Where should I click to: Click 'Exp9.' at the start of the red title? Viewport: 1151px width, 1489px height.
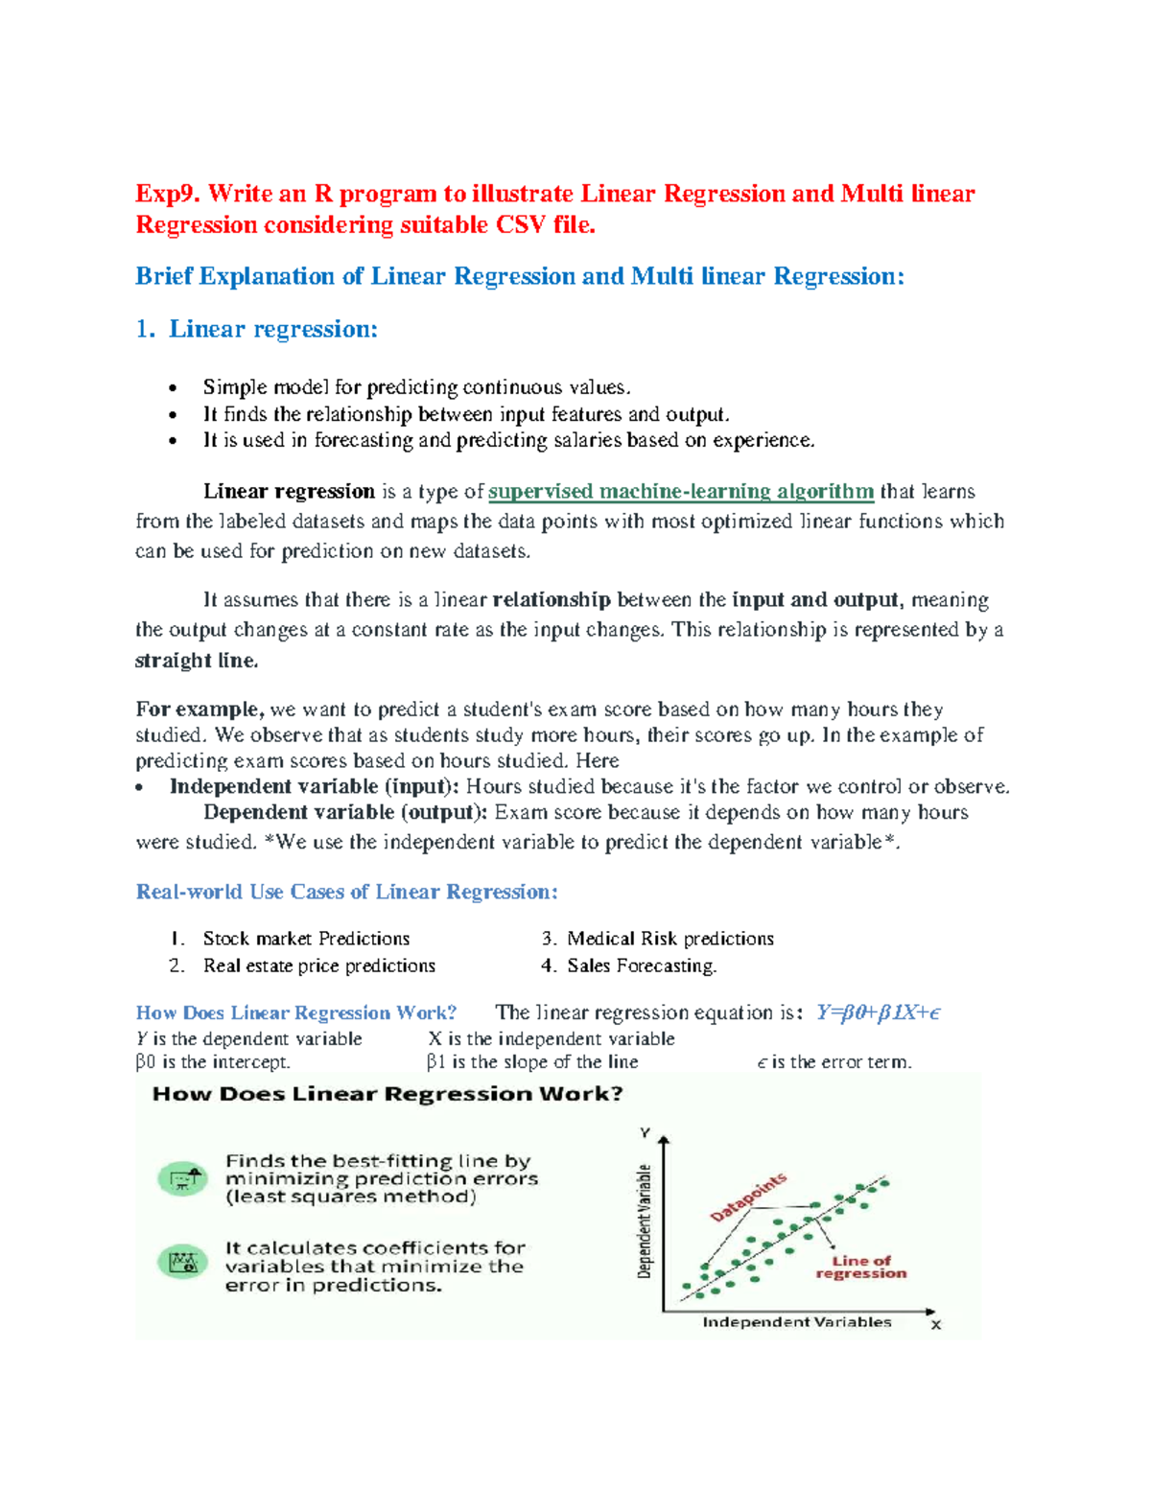click(x=167, y=195)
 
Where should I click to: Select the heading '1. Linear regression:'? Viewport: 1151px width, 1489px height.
click(x=257, y=330)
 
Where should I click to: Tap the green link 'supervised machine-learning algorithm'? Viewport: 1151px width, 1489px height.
click(x=680, y=492)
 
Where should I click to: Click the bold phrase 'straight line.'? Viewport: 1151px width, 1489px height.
click(x=197, y=661)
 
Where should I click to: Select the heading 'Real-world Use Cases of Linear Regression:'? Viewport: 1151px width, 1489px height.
click(x=346, y=892)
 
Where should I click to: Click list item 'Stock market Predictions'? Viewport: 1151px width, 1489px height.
click(x=306, y=939)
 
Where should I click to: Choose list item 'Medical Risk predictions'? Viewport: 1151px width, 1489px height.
click(x=669, y=939)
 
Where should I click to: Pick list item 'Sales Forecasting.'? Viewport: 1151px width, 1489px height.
click(x=641, y=966)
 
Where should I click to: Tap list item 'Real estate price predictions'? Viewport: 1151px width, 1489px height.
click(x=318, y=966)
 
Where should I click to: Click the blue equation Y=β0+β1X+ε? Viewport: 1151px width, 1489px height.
click(x=878, y=1012)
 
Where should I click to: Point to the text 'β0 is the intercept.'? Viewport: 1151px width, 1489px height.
click(x=213, y=1062)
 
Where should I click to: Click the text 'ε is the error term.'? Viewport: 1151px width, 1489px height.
click(x=834, y=1062)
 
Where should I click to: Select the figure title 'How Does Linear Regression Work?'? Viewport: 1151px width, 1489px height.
click(x=388, y=1094)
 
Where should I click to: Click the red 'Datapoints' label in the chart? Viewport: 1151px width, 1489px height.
click(x=748, y=1197)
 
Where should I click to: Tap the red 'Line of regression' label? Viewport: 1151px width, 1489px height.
click(x=860, y=1268)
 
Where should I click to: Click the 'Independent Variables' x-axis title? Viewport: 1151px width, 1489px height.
click(x=797, y=1322)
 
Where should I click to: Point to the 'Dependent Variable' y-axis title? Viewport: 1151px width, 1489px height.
click(x=646, y=1221)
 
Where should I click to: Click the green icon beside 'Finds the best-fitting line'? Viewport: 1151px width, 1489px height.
click(x=182, y=1178)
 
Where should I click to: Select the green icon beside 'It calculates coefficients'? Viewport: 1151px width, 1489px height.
click(x=182, y=1263)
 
